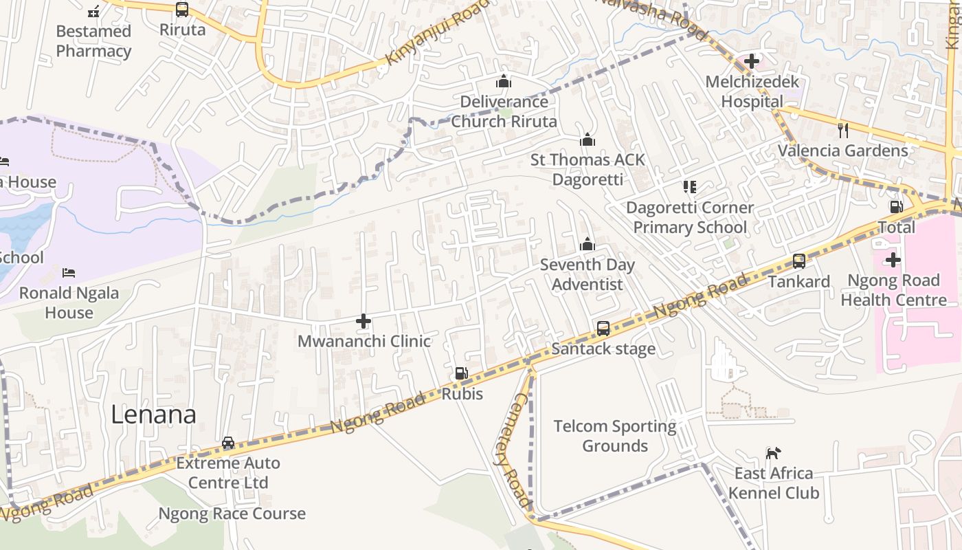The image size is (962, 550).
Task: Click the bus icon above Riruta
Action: [x=182, y=10]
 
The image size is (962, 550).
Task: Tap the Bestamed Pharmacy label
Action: [x=93, y=41]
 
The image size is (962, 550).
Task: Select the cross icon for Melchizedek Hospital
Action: [x=752, y=61]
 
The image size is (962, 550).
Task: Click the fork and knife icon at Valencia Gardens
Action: [x=843, y=130]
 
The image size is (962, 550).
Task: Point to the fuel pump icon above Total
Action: [x=896, y=207]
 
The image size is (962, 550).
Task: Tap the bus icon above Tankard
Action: [x=799, y=261]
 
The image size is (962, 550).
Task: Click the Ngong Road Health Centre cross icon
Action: [x=893, y=260]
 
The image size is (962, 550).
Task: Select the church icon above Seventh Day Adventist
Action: [x=587, y=245]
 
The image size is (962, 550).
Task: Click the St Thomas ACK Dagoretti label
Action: [x=588, y=169]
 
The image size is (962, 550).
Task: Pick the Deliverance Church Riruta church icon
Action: [x=504, y=82]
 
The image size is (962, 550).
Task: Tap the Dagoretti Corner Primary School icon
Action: [x=690, y=187]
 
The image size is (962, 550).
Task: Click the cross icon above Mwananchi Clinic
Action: [x=363, y=321]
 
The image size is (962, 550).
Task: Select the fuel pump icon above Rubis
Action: [x=462, y=373]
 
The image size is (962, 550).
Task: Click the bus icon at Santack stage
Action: [x=603, y=329]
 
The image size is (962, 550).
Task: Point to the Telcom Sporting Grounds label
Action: [x=615, y=436]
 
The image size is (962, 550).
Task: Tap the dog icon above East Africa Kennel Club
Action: [x=774, y=453]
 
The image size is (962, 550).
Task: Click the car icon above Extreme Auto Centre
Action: [x=228, y=443]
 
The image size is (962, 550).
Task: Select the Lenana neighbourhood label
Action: [x=153, y=415]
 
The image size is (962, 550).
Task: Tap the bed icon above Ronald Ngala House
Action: [x=68, y=273]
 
